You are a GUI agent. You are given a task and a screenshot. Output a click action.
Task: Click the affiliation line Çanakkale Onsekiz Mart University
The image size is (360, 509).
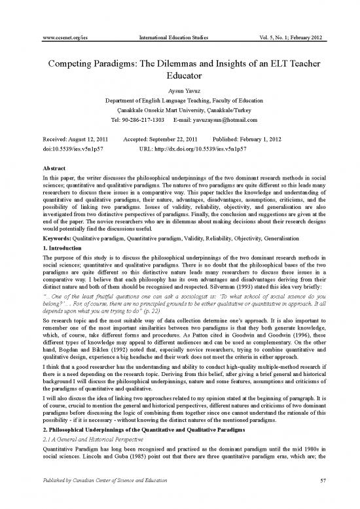click(180, 110)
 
